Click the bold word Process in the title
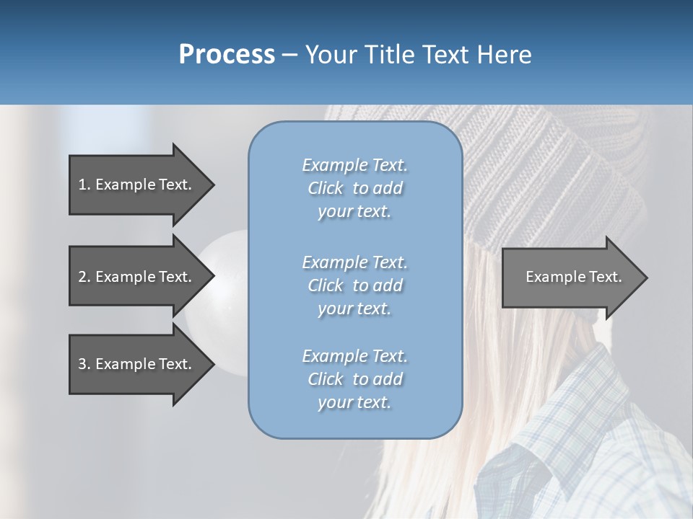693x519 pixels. point(227,55)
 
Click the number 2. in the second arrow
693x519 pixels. point(84,277)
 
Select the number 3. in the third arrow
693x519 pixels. point(84,364)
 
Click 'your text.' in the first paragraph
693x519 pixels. point(354,212)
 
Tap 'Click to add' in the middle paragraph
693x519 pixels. point(354,285)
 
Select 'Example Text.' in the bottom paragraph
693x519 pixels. point(354,356)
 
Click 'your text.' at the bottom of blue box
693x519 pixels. point(354,403)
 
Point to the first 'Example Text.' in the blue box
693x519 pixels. point(354,165)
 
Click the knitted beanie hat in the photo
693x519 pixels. point(563,166)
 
